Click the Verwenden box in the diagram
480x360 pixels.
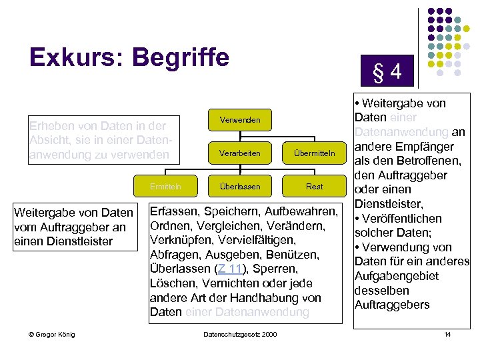(x=239, y=120)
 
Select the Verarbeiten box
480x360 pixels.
(x=239, y=153)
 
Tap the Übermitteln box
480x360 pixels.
(x=314, y=153)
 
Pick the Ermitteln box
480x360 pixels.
(x=165, y=187)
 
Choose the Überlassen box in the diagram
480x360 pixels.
(x=239, y=187)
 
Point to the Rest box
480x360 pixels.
(x=314, y=187)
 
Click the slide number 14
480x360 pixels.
(x=447, y=334)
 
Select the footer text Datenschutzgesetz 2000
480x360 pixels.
(x=239, y=334)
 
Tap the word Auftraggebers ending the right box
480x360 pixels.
(x=392, y=305)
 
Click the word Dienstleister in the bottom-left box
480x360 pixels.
(x=80, y=241)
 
